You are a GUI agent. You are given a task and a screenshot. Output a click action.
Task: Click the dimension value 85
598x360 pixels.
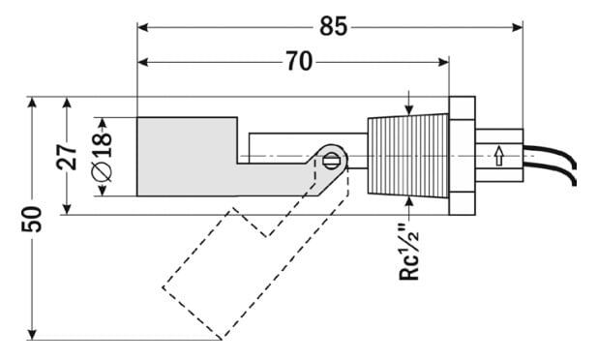[x=333, y=26]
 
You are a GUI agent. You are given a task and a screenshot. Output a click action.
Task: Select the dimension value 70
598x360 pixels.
[x=299, y=61]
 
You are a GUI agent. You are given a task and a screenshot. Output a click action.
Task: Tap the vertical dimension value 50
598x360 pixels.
[x=32, y=219]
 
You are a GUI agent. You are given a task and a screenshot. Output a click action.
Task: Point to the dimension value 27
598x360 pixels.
[x=67, y=157]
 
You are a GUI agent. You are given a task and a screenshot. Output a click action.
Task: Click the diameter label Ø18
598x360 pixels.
[x=103, y=157]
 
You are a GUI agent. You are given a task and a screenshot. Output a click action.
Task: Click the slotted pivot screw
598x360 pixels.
[x=330, y=160]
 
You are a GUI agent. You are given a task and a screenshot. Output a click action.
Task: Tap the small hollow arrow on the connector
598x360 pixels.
[x=498, y=157]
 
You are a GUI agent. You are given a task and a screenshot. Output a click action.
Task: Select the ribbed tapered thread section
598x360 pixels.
[x=408, y=156]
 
